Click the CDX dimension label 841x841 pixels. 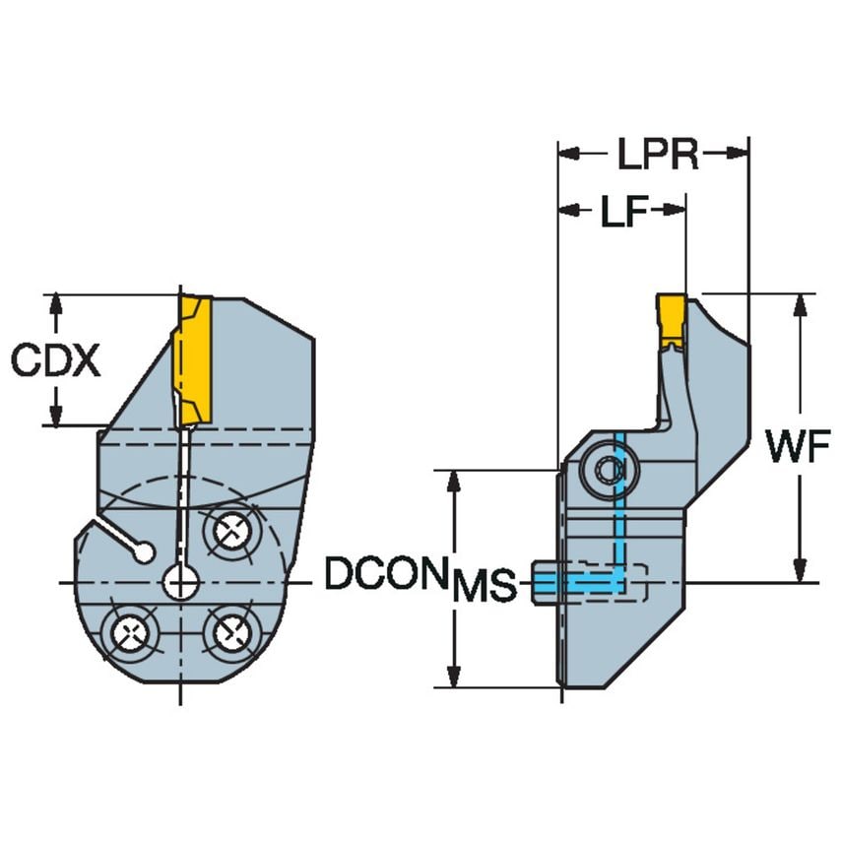[56, 361]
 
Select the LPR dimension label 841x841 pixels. [658, 155]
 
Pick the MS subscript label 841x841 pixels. [484, 588]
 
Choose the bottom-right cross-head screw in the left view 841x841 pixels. [227, 630]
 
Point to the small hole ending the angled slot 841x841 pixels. [146, 553]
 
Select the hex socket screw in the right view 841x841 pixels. [603, 472]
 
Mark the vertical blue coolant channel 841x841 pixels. [620, 502]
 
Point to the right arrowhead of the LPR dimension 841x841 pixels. [740, 153]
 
